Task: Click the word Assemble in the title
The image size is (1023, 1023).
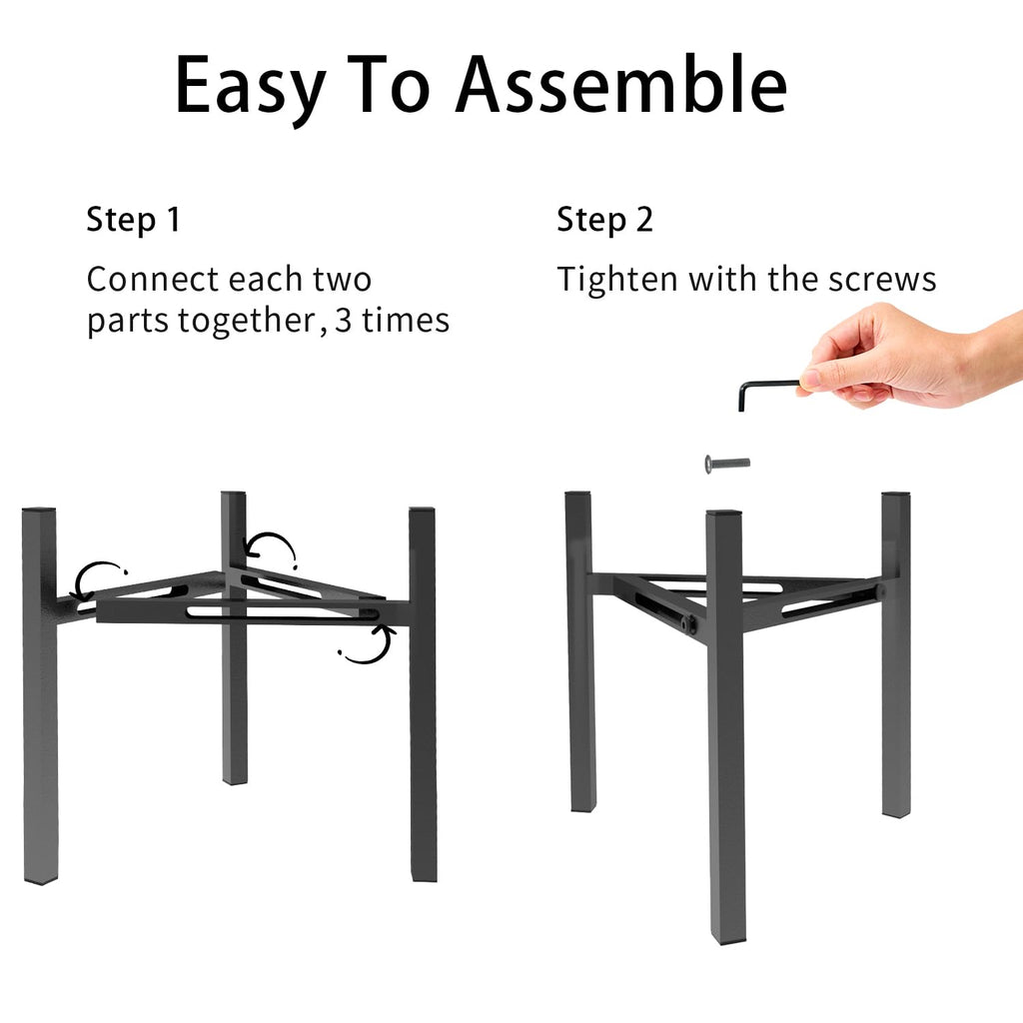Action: click(621, 85)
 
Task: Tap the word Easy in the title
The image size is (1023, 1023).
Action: click(250, 89)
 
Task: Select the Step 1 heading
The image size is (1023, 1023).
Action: click(133, 220)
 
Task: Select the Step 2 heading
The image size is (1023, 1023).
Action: click(604, 220)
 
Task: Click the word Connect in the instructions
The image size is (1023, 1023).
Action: click(152, 280)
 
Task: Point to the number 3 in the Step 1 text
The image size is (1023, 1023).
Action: click(344, 321)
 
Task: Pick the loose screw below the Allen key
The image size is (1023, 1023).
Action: click(727, 464)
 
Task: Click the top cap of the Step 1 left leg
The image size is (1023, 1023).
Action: click(39, 510)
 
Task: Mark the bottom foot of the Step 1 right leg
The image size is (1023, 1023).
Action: click(424, 876)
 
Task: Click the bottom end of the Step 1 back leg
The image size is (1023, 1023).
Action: click(235, 779)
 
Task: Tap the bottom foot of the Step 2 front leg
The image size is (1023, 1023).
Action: click(727, 939)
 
